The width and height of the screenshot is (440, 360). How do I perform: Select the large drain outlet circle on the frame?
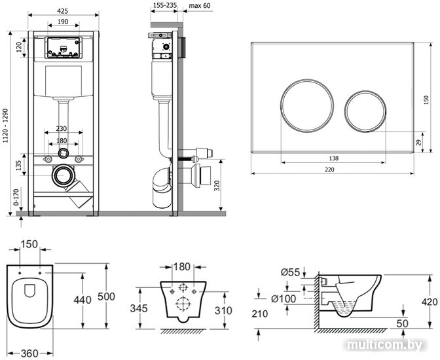pyautogui.click(x=64, y=175)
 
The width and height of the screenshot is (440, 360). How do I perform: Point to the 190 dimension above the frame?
pyautogui.click(x=64, y=22)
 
